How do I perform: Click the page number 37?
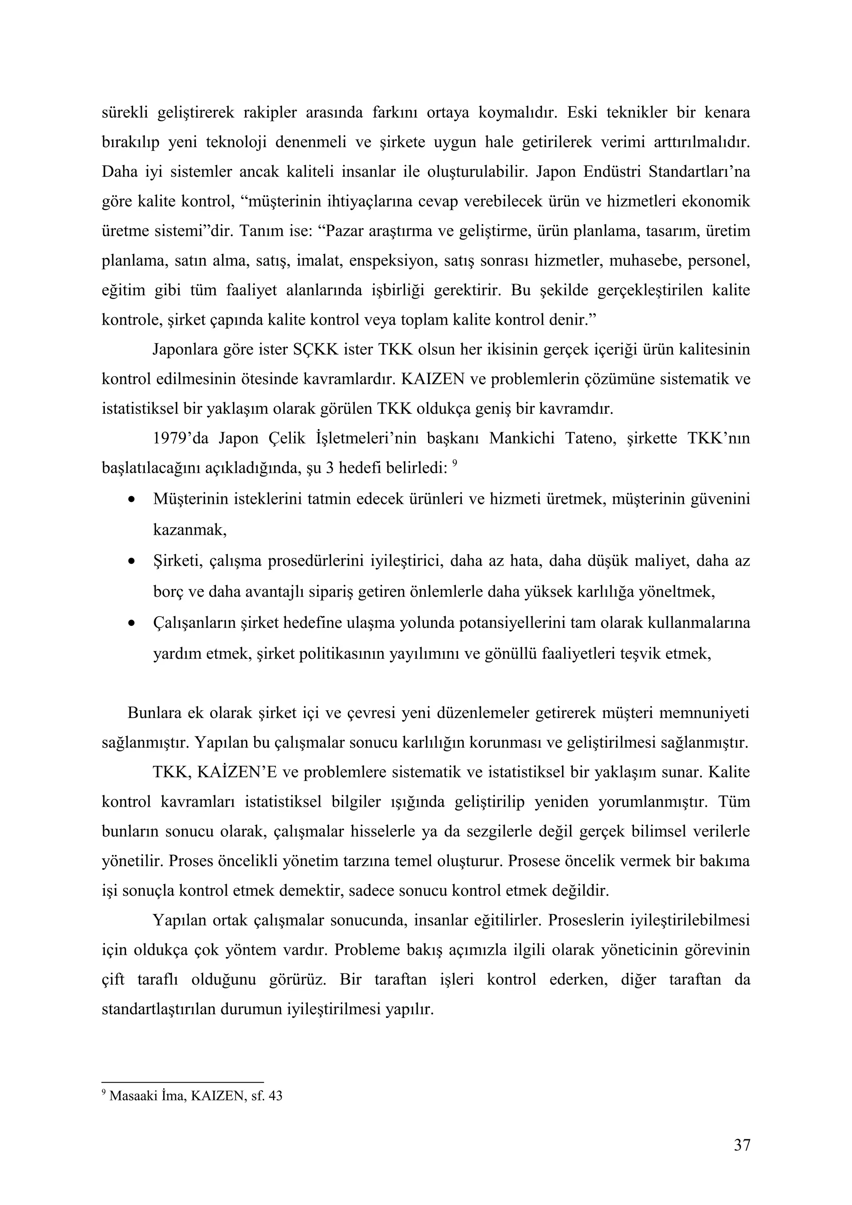[741, 1145]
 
